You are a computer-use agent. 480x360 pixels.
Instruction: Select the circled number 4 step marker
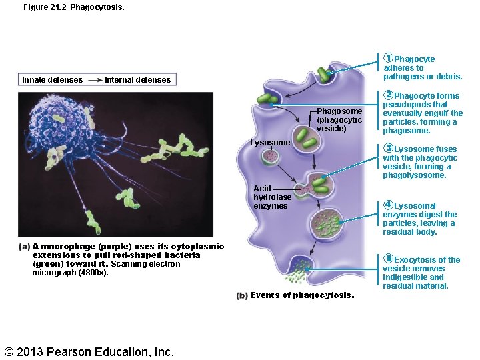tap(389, 205)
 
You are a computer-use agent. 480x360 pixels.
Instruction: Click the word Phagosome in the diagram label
tap(339, 111)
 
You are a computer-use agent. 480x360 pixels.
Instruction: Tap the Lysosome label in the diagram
tap(270, 143)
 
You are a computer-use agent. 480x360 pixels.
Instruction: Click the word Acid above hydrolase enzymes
tap(263, 189)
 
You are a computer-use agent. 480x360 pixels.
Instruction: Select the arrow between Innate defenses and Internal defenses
tap(94, 80)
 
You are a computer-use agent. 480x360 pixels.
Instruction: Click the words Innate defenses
tap(53, 80)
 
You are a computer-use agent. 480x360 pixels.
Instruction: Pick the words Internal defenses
tap(138, 80)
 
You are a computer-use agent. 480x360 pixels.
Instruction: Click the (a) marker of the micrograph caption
tap(25, 247)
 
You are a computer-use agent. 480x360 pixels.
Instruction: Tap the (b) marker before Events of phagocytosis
tap(242, 296)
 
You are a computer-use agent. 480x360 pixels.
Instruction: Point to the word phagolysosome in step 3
tap(415, 175)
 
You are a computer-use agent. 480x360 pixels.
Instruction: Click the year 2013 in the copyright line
tap(33, 351)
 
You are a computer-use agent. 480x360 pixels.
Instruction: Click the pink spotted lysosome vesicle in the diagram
tap(271, 158)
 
